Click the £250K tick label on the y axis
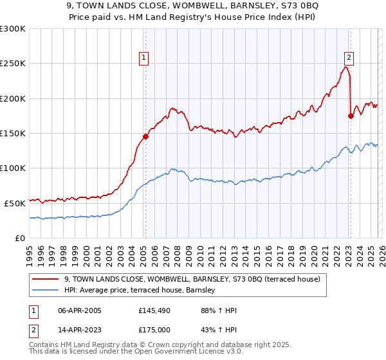coord(13,64)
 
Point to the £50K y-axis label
coord(15,203)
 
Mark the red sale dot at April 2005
coord(146,136)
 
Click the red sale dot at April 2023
coord(351,116)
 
